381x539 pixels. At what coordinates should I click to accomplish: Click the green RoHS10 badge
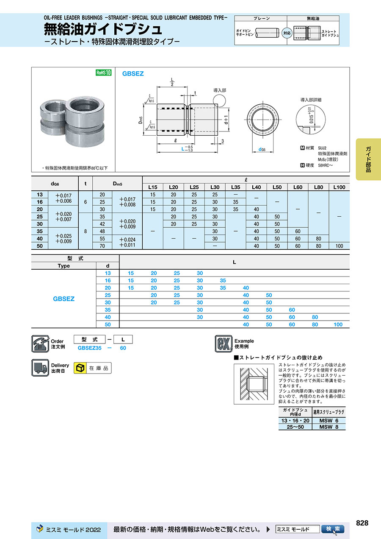coord(103,73)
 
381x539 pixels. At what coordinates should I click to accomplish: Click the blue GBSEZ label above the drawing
coord(133,73)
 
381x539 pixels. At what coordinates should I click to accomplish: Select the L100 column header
coord(339,187)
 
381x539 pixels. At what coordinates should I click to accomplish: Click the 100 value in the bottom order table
coord(338,324)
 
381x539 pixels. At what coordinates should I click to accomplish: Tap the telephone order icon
coord(40,344)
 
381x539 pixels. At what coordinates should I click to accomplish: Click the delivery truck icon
coord(40,368)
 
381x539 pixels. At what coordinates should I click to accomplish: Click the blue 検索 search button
coord(332,529)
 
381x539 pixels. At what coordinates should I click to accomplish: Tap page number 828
coord(362,523)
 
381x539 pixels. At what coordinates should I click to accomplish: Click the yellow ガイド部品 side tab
coord(368,159)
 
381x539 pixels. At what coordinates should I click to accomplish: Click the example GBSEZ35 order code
coord(90,348)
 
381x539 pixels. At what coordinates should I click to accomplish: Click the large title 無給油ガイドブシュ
coord(103,29)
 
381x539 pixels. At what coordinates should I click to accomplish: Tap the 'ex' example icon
coord(223,344)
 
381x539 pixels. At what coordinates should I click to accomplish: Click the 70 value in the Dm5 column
coord(102,246)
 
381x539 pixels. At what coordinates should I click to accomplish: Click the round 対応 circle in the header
coord(287,32)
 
